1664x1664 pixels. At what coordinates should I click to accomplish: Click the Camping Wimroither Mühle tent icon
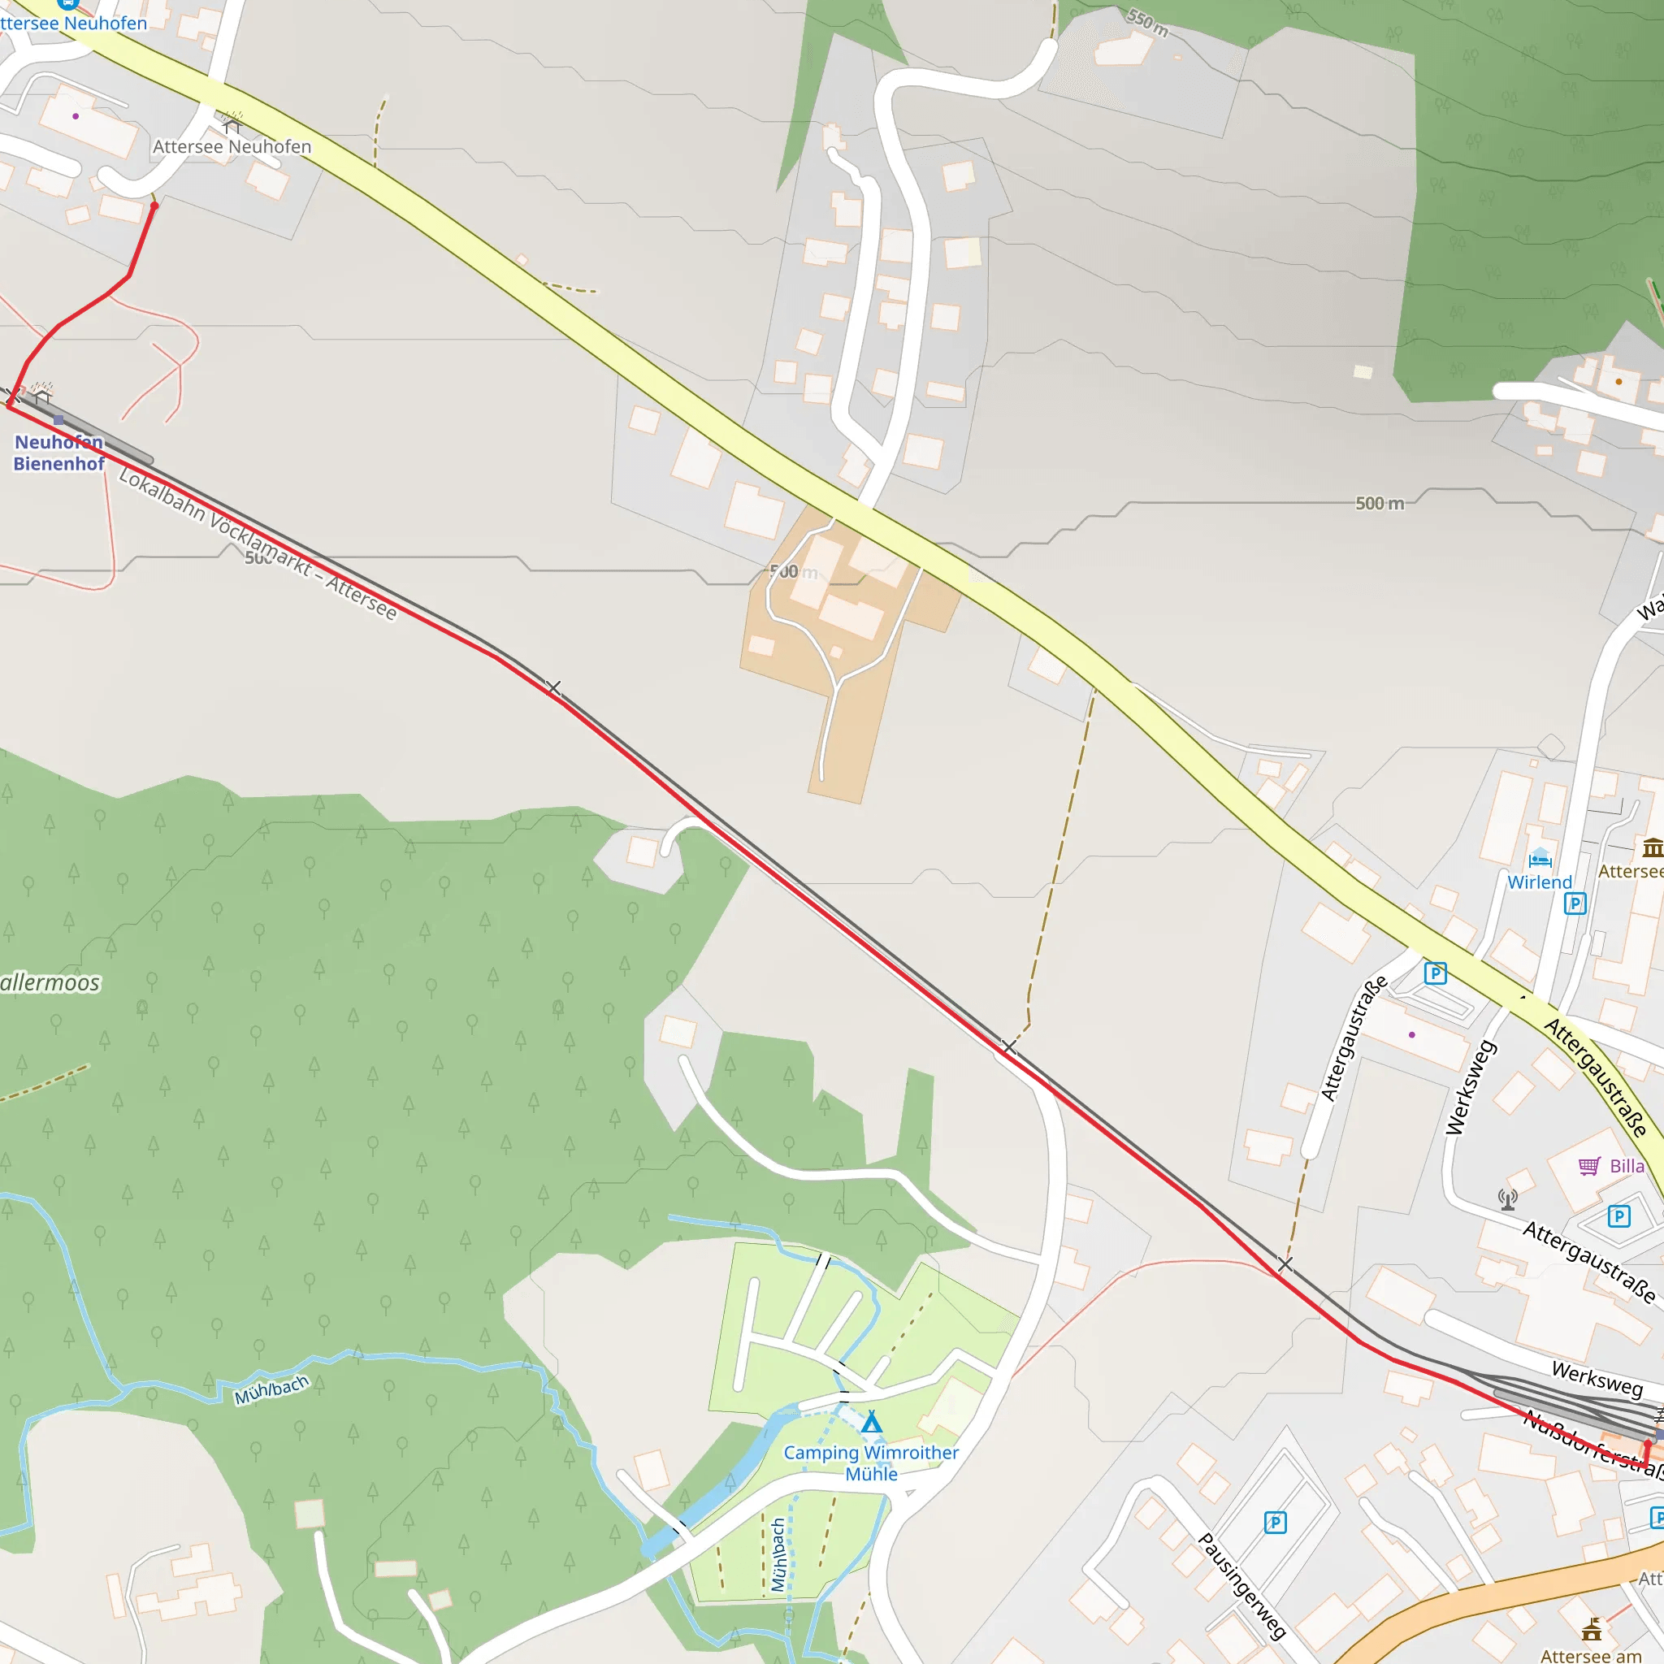click(x=872, y=1422)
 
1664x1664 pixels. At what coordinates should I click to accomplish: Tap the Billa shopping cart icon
click(x=1589, y=1166)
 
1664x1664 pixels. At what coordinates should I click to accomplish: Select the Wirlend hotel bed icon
click(x=1540, y=858)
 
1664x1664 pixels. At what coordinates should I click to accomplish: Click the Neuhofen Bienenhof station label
click(x=58, y=453)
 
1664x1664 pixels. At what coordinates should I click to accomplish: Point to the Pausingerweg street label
click(x=1242, y=1586)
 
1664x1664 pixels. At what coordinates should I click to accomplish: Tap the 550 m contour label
click(x=1148, y=23)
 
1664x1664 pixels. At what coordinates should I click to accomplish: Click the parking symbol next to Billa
click(x=1619, y=1216)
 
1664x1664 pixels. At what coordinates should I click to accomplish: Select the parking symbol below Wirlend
click(x=1575, y=903)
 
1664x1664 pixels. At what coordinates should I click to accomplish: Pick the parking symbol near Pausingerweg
click(x=1276, y=1523)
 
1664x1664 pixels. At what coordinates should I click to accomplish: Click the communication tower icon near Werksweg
click(x=1507, y=1199)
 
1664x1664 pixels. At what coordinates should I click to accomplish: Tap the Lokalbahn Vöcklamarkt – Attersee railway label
click(x=258, y=544)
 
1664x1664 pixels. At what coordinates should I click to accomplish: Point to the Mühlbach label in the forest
click(x=271, y=1390)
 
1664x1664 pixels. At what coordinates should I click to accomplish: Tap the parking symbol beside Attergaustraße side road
click(x=1435, y=973)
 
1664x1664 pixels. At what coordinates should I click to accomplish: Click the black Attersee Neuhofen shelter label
click(x=232, y=146)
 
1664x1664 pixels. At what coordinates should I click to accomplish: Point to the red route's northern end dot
click(x=154, y=206)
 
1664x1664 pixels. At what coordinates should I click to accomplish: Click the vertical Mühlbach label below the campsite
click(x=778, y=1554)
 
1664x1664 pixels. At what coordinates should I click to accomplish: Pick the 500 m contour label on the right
click(x=1379, y=503)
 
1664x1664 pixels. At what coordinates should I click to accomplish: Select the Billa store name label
click(x=1627, y=1166)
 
